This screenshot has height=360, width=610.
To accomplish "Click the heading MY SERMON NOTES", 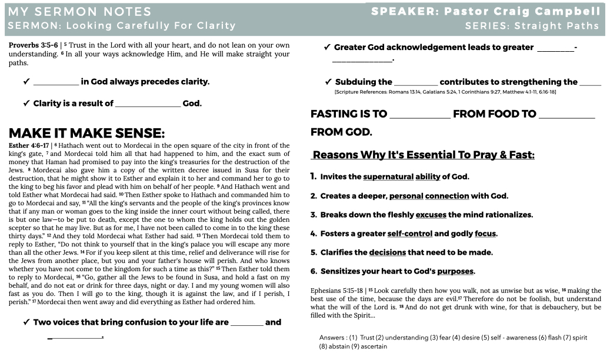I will pos(80,11).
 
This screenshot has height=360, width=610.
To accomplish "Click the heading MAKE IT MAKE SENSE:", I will pos(87,132).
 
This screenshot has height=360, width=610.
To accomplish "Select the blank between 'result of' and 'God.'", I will pos(148,104).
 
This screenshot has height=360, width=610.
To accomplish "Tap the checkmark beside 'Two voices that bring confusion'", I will pos(26,322).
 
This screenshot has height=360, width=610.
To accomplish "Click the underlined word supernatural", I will pos(388,176).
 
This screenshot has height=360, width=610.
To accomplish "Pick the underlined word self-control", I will pos(409,234).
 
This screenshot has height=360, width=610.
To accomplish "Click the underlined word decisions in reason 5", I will pos(388,252).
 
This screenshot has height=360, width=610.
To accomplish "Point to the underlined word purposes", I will pos(455,271).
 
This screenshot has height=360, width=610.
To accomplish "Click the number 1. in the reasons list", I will pos(314,176).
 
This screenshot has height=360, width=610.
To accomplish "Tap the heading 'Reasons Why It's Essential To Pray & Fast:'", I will pos(424,155).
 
